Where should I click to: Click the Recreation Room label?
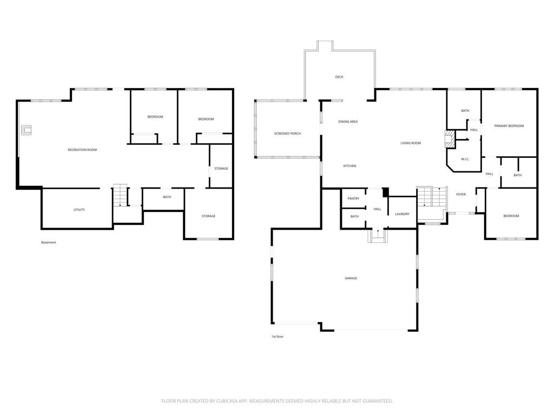[x=82, y=150]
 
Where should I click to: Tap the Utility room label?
[x=79, y=210]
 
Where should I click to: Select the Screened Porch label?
[x=288, y=134]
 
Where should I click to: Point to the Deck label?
[x=339, y=77]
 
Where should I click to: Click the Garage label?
[x=351, y=278]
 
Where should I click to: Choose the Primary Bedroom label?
[x=509, y=126]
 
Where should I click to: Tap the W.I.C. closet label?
[x=465, y=159]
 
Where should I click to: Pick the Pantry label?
[x=353, y=199]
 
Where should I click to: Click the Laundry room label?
[x=403, y=214]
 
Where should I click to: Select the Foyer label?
[x=461, y=195]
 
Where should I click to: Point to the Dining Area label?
[x=348, y=122]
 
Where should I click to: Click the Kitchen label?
[x=350, y=166]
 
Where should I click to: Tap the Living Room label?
[x=411, y=143]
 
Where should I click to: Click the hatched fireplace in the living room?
[x=450, y=139]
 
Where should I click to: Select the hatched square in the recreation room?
[x=26, y=130]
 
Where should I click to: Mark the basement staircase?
[x=120, y=195]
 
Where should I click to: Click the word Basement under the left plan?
[x=49, y=243]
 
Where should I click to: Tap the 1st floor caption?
[x=278, y=337]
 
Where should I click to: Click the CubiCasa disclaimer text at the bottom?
[x=277, y=401]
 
